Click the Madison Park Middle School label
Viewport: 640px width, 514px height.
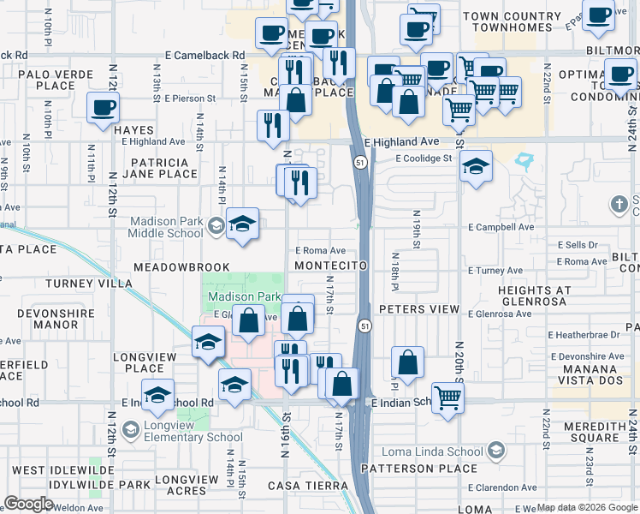click(x=167, y=226)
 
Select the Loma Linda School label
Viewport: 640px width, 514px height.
click(x=442, y=451)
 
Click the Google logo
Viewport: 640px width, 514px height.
click(x=28, y=504)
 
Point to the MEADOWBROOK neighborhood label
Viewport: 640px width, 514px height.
click(x=181, y=267)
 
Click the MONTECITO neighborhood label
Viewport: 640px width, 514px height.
click(x=330, y=266)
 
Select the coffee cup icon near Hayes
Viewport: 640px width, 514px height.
click(x=104, y=109)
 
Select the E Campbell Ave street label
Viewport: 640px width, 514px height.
click(x=501, y=228)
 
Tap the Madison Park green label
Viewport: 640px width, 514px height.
click(x=244, y=296)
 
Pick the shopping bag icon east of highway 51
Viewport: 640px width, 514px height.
click(x=408, y=362)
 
